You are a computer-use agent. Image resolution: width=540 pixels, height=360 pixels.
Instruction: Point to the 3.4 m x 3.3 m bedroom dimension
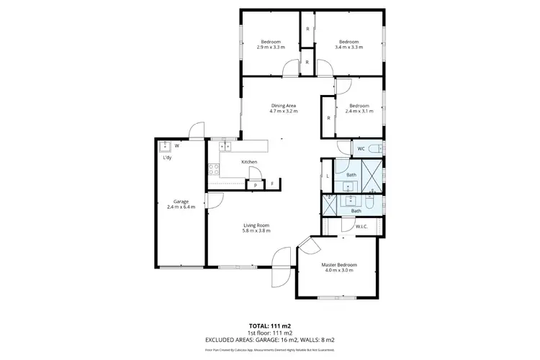(350, 47)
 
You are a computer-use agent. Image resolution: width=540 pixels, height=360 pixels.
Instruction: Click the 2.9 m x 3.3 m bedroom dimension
(270, 47)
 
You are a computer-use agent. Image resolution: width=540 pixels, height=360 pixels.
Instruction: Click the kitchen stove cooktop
(214, 170)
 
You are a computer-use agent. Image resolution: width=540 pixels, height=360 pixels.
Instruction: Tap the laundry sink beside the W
(163, 145)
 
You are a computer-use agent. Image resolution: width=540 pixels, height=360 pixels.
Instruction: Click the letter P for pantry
(256, 185)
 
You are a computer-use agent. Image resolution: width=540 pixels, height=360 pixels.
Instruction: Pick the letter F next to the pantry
(272, 185)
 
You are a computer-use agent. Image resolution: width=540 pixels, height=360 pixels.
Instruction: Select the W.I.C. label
(361, 227)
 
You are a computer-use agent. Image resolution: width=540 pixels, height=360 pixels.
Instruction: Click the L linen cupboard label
(328, 176)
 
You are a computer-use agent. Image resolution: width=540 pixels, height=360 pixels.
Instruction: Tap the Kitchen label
(249, 162)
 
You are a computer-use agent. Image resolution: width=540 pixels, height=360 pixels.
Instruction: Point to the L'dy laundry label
(166, 157)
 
